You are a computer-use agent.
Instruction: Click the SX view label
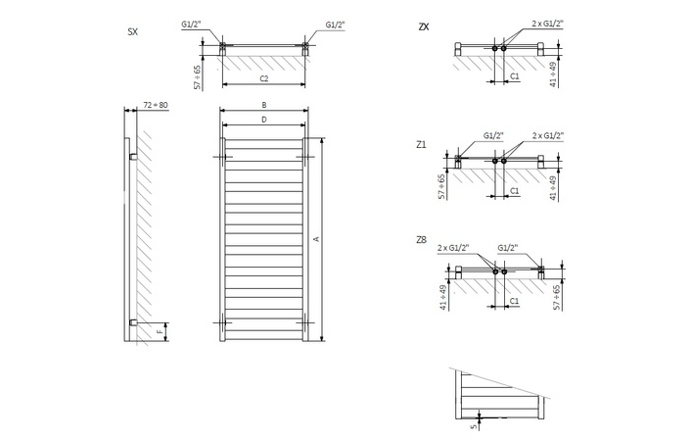click(132, 32)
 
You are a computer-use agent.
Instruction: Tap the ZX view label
click(423, 26)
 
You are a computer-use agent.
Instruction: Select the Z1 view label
click(421, 144)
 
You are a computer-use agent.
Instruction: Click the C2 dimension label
click(264, 77)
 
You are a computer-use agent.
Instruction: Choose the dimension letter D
click(264, 119)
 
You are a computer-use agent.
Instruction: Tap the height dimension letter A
click(315, 239)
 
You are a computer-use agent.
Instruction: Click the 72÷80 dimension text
click(157, 103)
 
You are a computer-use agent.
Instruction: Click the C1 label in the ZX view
click(515, 75)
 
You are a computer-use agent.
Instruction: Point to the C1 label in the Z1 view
click(515, 192)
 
